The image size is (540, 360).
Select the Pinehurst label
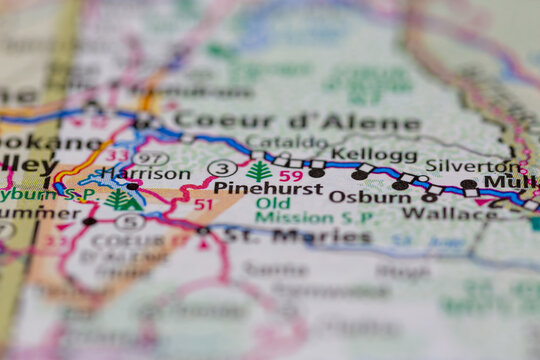tap(267, 187)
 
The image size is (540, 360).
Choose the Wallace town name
tap(435, 213)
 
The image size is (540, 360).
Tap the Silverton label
tap(460, 165)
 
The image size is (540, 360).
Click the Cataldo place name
tap(286, 141)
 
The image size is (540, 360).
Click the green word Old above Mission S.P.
tap(273, 203)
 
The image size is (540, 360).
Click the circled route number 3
tap(222, 168)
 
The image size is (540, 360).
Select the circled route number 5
tap(130, 222)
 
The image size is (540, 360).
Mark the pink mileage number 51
tap(204, 204)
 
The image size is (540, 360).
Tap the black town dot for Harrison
tap(132, 186)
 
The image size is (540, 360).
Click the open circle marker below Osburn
tap(429, 198)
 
